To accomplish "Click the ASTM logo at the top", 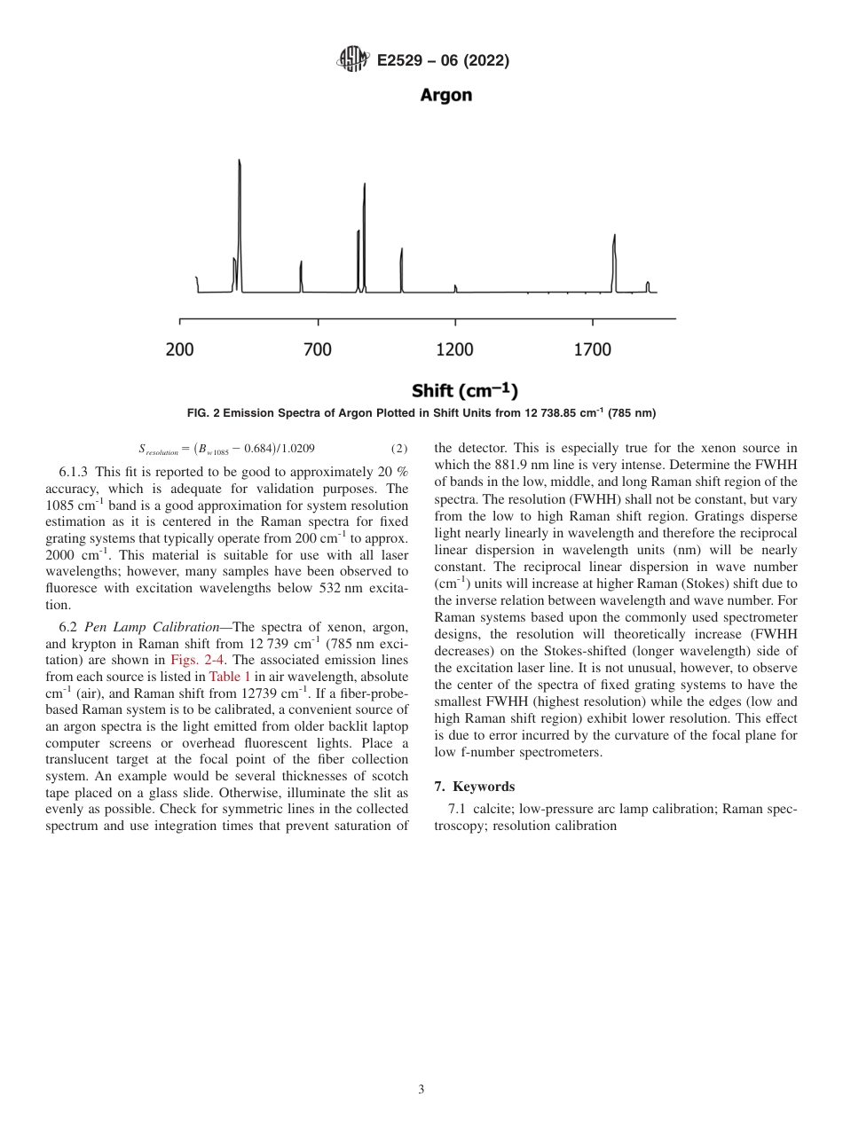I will [352, 60].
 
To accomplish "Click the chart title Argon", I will [445, 95].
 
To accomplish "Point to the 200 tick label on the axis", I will [180, 349].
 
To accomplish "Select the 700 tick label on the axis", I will [318, 349].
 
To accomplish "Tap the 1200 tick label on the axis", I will [455, 349].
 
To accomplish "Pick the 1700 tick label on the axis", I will [593, 349].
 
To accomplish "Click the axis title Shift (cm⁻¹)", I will [464, 390].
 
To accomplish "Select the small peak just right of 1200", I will [455, 287].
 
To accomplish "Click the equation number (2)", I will [399, 449].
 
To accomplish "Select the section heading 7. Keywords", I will [475, 787].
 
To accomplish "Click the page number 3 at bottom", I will [421, 1089].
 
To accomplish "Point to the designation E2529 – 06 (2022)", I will [443, 60].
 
